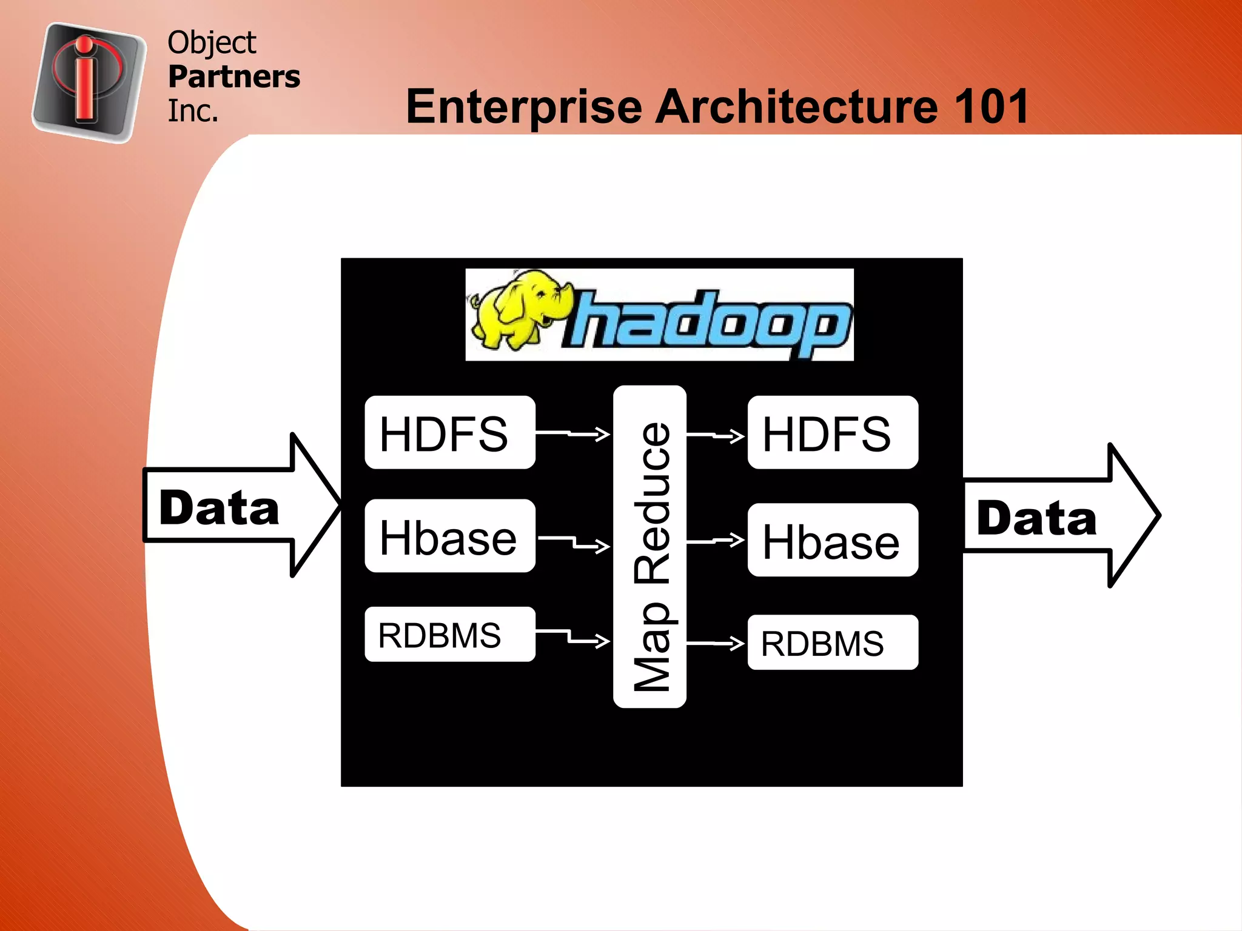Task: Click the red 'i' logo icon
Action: tap(89, 82)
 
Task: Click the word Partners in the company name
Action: tap(234, 77)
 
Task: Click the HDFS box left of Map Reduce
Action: tap(449, 433)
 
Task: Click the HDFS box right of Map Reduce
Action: tap(832, 433)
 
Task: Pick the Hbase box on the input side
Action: tap(449, 536)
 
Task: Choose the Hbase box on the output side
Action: tap(832, 540)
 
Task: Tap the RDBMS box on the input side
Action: tap(449, 635)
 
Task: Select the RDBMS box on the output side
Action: tap(832, 642)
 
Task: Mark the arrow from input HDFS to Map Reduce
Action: tap(573, 433)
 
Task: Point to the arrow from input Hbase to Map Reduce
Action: tap(574, 542)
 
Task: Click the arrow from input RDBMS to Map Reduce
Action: tap(573, 636)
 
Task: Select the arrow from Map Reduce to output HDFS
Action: tap(716, 435)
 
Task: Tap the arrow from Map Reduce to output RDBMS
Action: tap(716, 643)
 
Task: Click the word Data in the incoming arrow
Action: tap(219, 508)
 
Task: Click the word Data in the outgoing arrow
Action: tap(1036, 519)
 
